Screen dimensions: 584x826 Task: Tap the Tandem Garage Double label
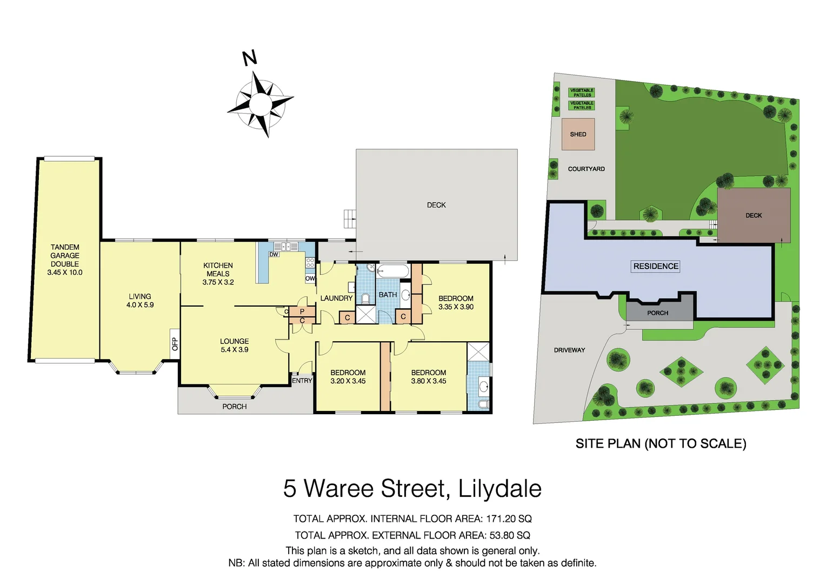pyautogui.click(x=65, y=260)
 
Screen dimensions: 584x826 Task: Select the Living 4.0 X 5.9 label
pyautogui.click(x=140, y=301)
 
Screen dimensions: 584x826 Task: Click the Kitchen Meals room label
pyautogui.click(x=218, y=274)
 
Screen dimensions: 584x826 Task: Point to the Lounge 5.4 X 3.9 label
pyautogui.click(x=234, y=346)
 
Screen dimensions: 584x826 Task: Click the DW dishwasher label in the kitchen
pyautogui.click(x=274, y=254)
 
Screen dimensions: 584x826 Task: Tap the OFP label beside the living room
pyautogui.click(x=175, y=344)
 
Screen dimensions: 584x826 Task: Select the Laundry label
pyautogui.click(x=336, y=298)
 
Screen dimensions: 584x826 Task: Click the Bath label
pyautogui.click(x=388, y=295)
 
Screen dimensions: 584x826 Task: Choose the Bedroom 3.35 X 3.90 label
pyautogui.click(x=456, y=302)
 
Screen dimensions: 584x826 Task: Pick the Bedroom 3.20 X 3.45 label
pyautogui.click(x=348, y=377)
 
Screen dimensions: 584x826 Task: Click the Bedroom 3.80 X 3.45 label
pyautogui.click(x=428, y=377)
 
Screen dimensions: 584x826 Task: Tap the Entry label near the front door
pyautogui.click(x=302, y=381)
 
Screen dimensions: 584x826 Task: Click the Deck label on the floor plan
pyautogui.click(x=436, y=205)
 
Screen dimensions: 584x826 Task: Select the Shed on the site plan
pyautogui.click(x=578, y=134)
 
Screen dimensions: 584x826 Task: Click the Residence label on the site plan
pyautogui.click(x=656, y=266)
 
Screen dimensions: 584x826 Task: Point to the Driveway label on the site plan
pyautogui.click(x=569, y=350)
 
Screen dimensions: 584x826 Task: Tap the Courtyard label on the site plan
pyautogui.click(x=586, y=169)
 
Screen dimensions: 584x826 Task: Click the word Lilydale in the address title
pyautogui.click(x=499, y=488)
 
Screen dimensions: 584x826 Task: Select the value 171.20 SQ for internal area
pyautogui.click(x=509, y=519)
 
